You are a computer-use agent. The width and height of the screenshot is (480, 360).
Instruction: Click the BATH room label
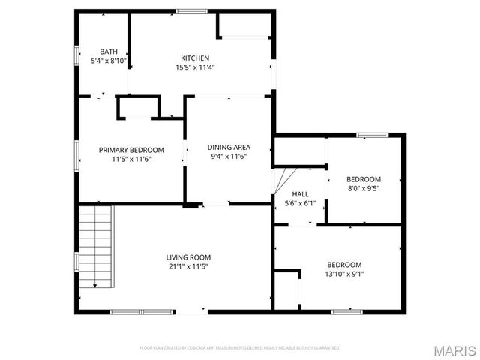(x=109, y=52)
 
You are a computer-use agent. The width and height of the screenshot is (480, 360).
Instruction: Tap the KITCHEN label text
(x=195, y=58)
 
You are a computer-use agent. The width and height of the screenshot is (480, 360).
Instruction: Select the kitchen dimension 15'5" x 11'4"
(x=195, y=67)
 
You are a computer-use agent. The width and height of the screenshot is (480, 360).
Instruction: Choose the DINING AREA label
(x=229, y=147)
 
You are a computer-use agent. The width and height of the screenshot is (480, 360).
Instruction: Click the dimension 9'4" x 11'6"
(x=229, y=156)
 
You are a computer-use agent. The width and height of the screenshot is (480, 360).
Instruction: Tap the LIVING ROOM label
(x=187, y=257)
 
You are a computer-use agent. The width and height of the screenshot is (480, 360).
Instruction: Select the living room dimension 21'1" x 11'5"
(x=187, y=266)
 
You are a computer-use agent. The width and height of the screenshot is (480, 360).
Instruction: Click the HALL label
(x=300, y=193)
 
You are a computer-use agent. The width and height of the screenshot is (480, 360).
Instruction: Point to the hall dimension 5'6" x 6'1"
(x=300, y=202)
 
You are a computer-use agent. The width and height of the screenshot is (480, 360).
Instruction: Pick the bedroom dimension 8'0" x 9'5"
(x=363, y=188)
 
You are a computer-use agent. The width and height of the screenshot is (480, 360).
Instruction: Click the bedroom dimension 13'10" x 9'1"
(x=344, y=274)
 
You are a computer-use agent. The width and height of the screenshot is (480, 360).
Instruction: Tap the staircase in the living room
(x=96, y=247)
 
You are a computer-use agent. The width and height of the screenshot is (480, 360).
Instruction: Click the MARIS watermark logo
(x=452, y=349)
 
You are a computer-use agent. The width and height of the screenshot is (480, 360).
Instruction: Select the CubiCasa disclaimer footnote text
(x=240, y=348)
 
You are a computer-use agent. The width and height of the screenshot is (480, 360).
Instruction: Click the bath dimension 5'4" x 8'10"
(x=109, y=61)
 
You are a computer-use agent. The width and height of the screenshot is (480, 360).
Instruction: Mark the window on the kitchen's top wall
(x=187, y=10)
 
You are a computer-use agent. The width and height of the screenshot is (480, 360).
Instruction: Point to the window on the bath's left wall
(x=76, y=57)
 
